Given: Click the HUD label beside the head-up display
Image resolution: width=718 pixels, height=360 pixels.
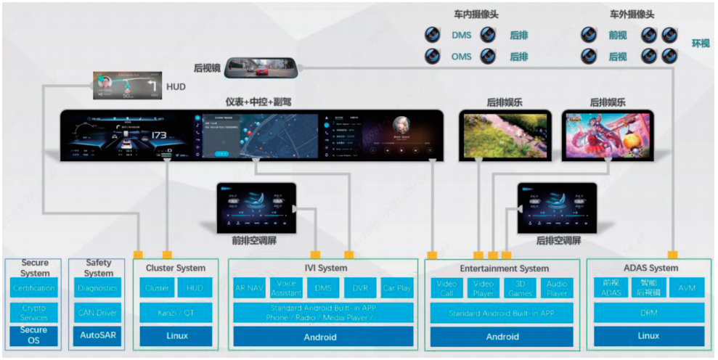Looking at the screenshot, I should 176,87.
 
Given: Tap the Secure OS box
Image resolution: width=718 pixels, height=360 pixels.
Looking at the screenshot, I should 34,336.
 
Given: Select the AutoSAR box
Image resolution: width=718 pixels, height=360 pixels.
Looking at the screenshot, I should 98,336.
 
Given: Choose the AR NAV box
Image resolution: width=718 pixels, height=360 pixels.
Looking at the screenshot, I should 250,288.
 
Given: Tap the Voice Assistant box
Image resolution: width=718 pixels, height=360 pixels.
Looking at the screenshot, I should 286,288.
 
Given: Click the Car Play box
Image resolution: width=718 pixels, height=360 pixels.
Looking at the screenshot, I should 396,288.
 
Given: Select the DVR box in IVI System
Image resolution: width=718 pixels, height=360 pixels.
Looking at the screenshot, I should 360,288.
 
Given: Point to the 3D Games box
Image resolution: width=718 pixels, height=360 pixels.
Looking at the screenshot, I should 520,288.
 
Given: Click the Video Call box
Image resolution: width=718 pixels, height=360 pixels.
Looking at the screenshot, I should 446,288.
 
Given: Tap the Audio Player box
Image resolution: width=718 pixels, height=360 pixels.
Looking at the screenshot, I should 557,288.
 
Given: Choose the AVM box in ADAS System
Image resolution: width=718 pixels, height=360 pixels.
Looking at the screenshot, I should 686,288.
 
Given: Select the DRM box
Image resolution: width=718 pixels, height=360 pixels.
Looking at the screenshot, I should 648,313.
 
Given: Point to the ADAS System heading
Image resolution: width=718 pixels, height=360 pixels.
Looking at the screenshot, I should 648,268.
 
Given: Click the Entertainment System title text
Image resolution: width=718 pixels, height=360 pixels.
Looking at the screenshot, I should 503,268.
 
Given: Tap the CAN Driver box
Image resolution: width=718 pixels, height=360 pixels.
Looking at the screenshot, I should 98,313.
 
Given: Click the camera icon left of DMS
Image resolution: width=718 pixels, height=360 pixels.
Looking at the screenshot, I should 433,34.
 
